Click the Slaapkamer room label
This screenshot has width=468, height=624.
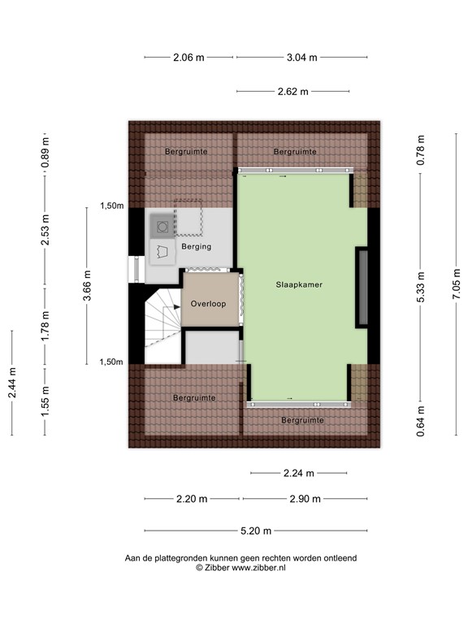click(x=295, y=284)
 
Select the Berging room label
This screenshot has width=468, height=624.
click(x=197, y=246)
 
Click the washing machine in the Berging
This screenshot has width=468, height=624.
click(x=162, y=227)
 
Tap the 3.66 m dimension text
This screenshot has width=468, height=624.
click(x=87, y=285)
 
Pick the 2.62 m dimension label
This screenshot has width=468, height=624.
click(x=292, y=91)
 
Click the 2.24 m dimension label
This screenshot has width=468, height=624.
click(x=298, y=472)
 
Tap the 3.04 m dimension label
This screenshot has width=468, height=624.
click(x=301, y=57)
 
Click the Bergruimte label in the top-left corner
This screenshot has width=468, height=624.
click(x=186, y=151)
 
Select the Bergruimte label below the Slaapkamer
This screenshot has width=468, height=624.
click(x=302, y=420)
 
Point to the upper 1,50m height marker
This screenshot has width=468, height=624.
click(x=111, y=206)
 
